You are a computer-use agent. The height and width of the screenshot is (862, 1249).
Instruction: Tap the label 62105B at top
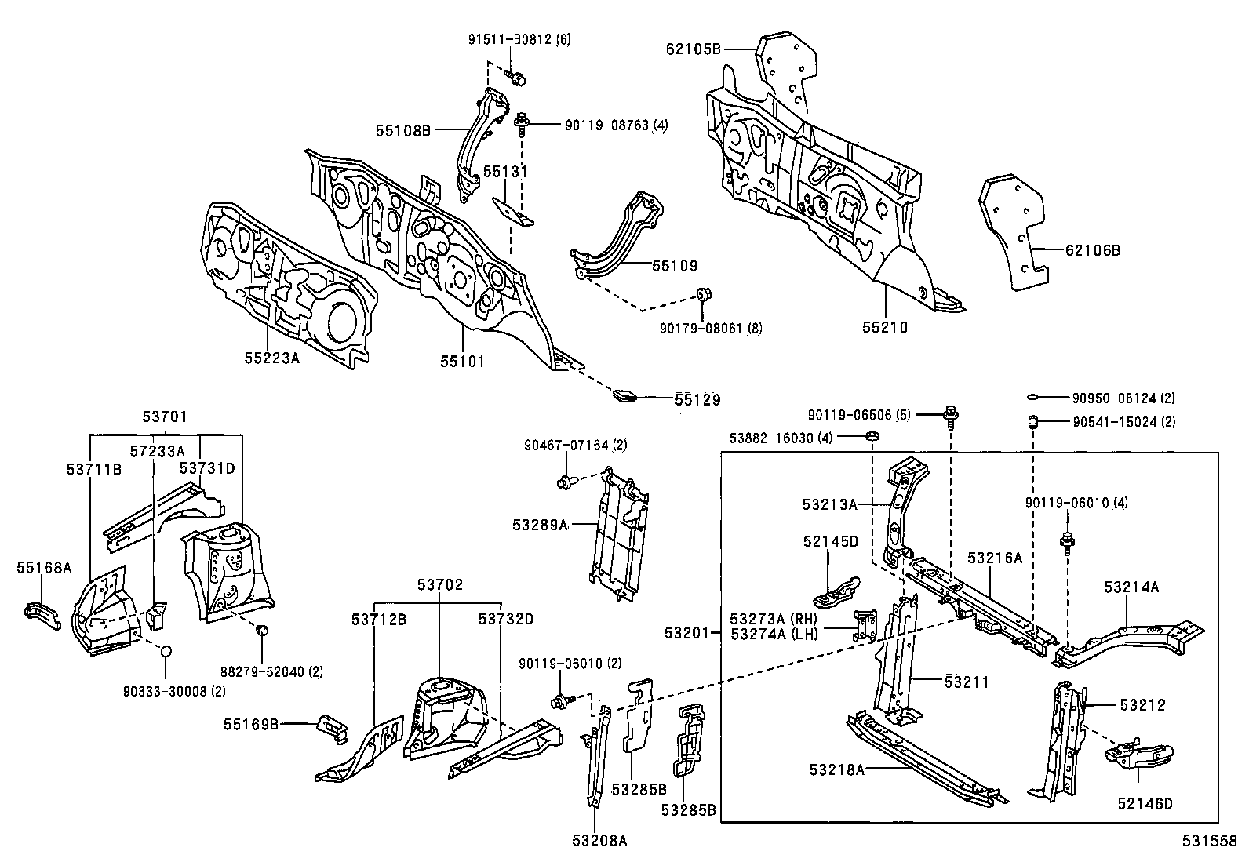pos(693,49)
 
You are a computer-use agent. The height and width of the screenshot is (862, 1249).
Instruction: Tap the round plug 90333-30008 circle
pos(166,651)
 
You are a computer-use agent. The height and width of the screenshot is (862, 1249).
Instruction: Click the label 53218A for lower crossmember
pos(837,770)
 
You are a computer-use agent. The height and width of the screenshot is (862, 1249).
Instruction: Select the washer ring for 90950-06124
pos(1032,398)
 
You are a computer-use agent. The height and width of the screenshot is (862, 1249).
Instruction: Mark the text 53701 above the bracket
pos(165,416)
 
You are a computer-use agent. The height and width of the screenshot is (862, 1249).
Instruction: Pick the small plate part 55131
pos(512,210)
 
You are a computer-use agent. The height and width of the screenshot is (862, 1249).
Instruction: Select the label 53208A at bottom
pos(600,841)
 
